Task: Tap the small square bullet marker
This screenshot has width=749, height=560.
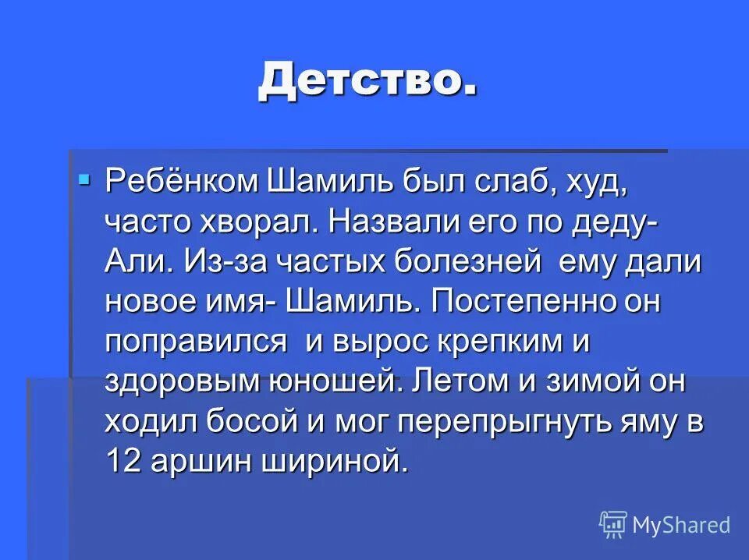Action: coord(84,180)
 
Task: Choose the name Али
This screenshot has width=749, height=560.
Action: coord(133,262)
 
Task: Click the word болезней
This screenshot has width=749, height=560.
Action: coord(466,262)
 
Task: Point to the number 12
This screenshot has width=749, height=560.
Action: coord(122,462)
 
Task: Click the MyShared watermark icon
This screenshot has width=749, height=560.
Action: coord(612,525)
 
